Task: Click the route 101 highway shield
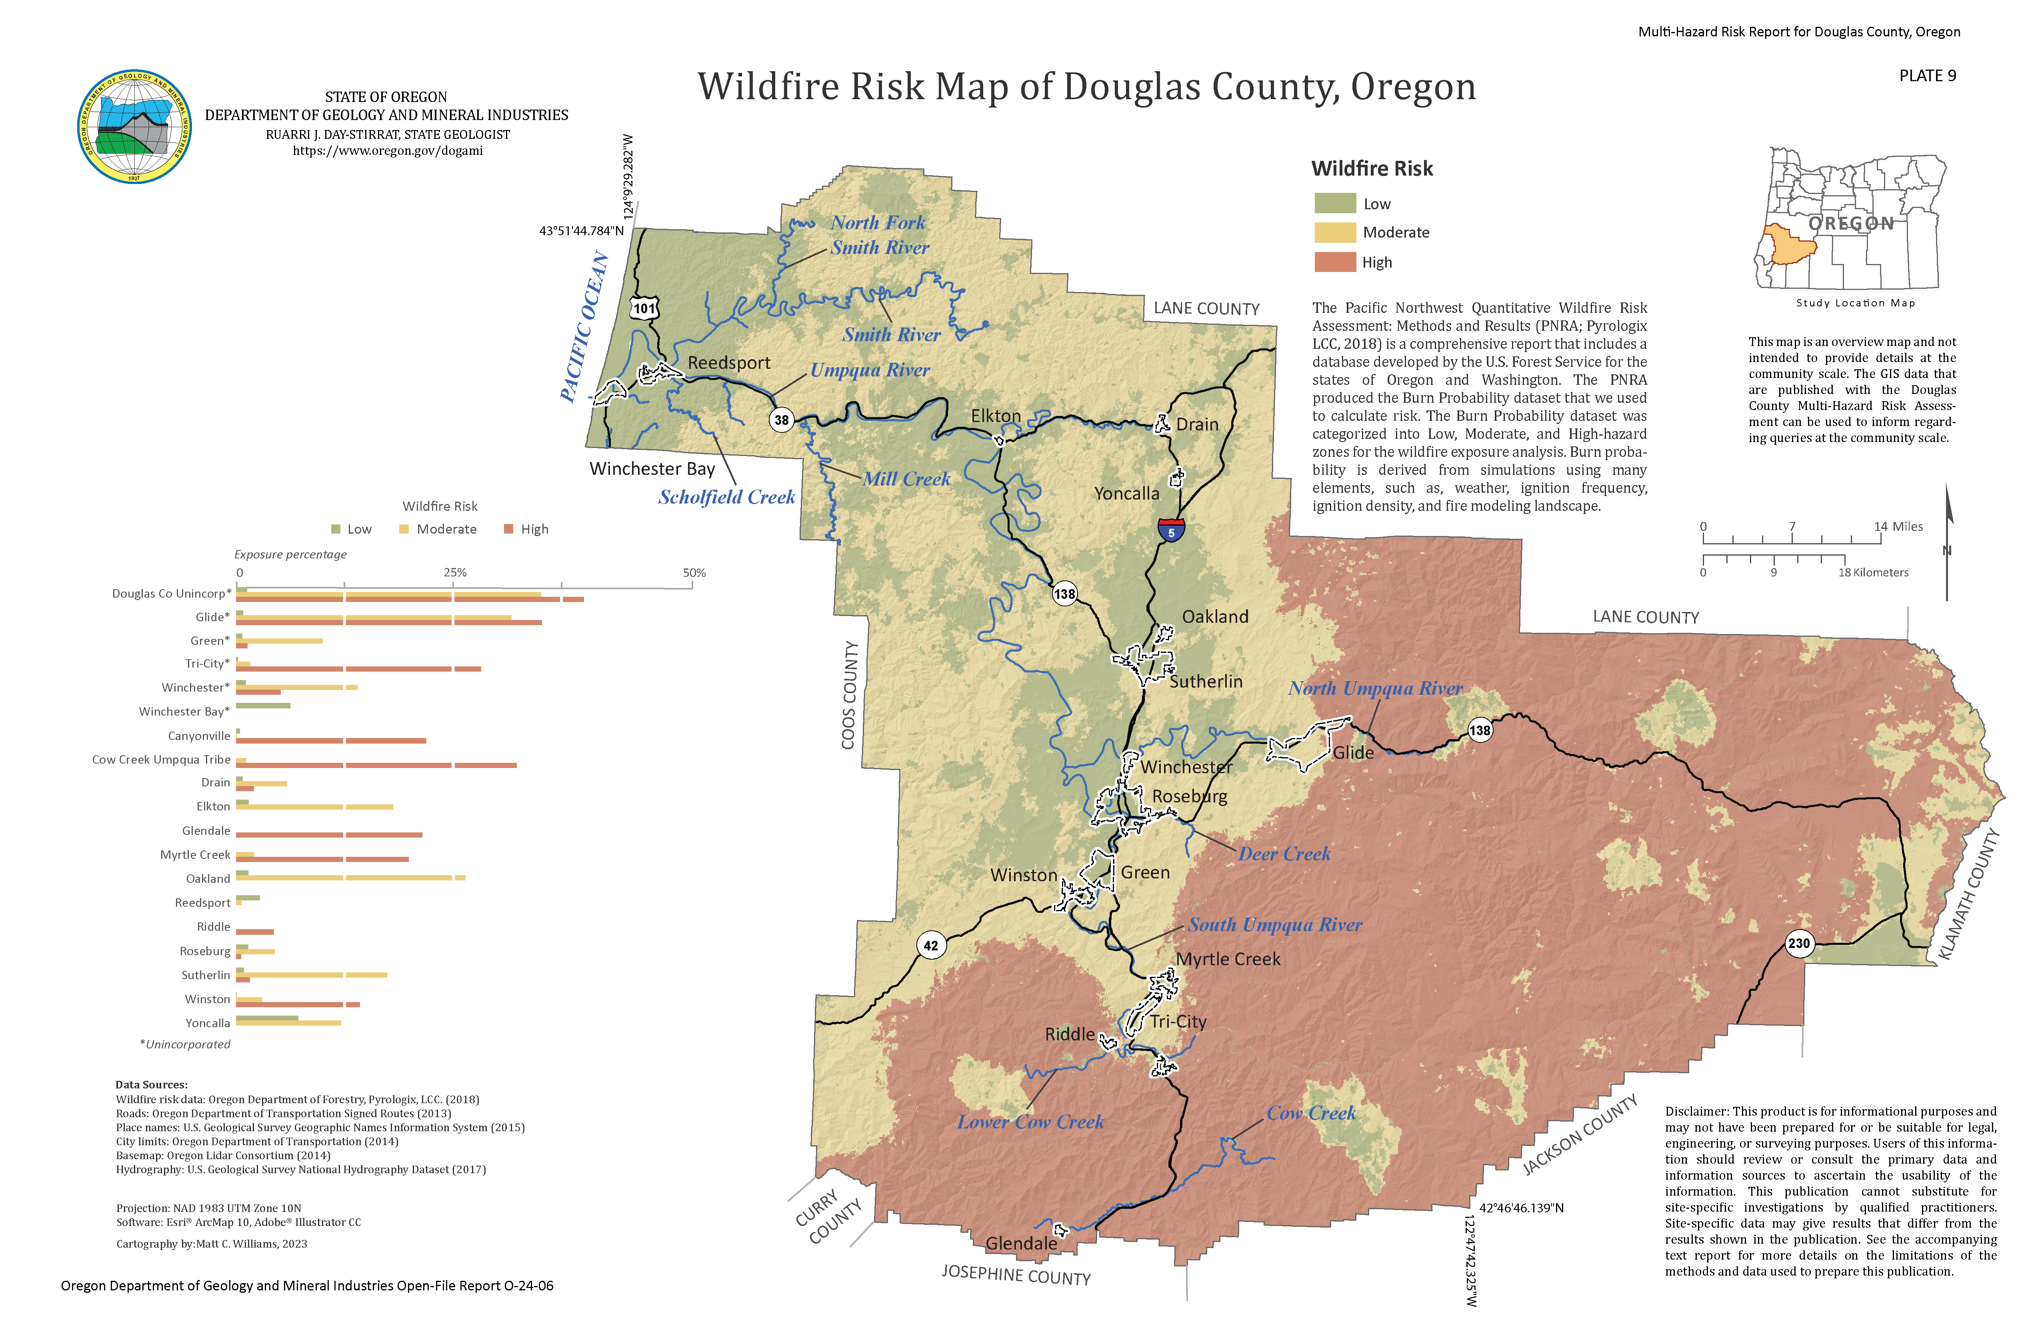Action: [x=644, y=308]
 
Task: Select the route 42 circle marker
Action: [x=931, y=946]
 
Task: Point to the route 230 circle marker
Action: [x=1798, y=943]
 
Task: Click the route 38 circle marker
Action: [x=781, y=420]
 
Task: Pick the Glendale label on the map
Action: [x=1021, y=1243]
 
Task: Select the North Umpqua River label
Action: [x=1375, y=688]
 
